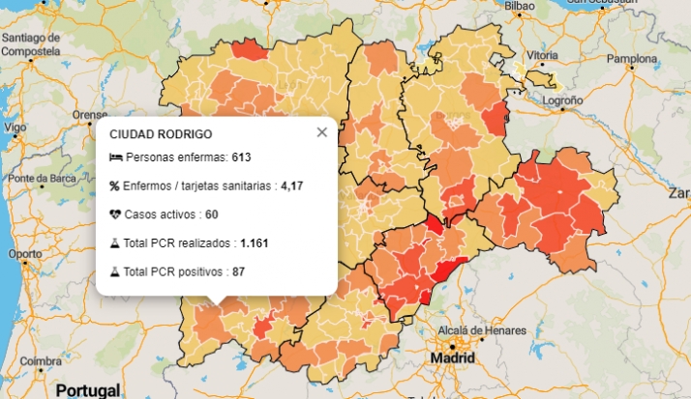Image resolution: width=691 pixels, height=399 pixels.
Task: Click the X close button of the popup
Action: (x=322, y=132)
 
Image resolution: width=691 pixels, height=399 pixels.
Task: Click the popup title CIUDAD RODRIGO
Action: (x=161, y=133)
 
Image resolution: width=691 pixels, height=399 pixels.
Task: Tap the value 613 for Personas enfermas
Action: (x=241, y=157)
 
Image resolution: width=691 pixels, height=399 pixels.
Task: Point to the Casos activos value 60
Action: (x=211, y=214)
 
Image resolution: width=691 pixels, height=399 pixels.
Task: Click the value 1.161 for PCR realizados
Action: (x=255, y=243)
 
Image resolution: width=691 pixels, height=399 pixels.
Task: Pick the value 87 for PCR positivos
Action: (x=238, y=272)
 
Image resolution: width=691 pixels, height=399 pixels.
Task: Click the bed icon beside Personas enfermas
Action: (x=115, y=157)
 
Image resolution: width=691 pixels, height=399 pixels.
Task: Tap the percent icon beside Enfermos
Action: (x=114, y=185)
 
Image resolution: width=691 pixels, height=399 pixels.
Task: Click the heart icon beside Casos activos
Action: (x=115, y=214)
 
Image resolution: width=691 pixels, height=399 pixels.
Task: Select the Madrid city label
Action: (x=452, y=358)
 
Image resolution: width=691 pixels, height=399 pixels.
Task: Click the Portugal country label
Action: (x=88, y=389)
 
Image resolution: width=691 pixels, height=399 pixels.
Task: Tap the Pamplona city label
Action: (x=631, y=58)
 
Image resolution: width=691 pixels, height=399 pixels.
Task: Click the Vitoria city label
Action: (x=542, y=55)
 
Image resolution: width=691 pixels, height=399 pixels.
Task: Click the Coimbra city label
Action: (x=41, y=361)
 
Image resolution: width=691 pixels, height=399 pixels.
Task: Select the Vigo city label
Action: (x=15, y=127)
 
